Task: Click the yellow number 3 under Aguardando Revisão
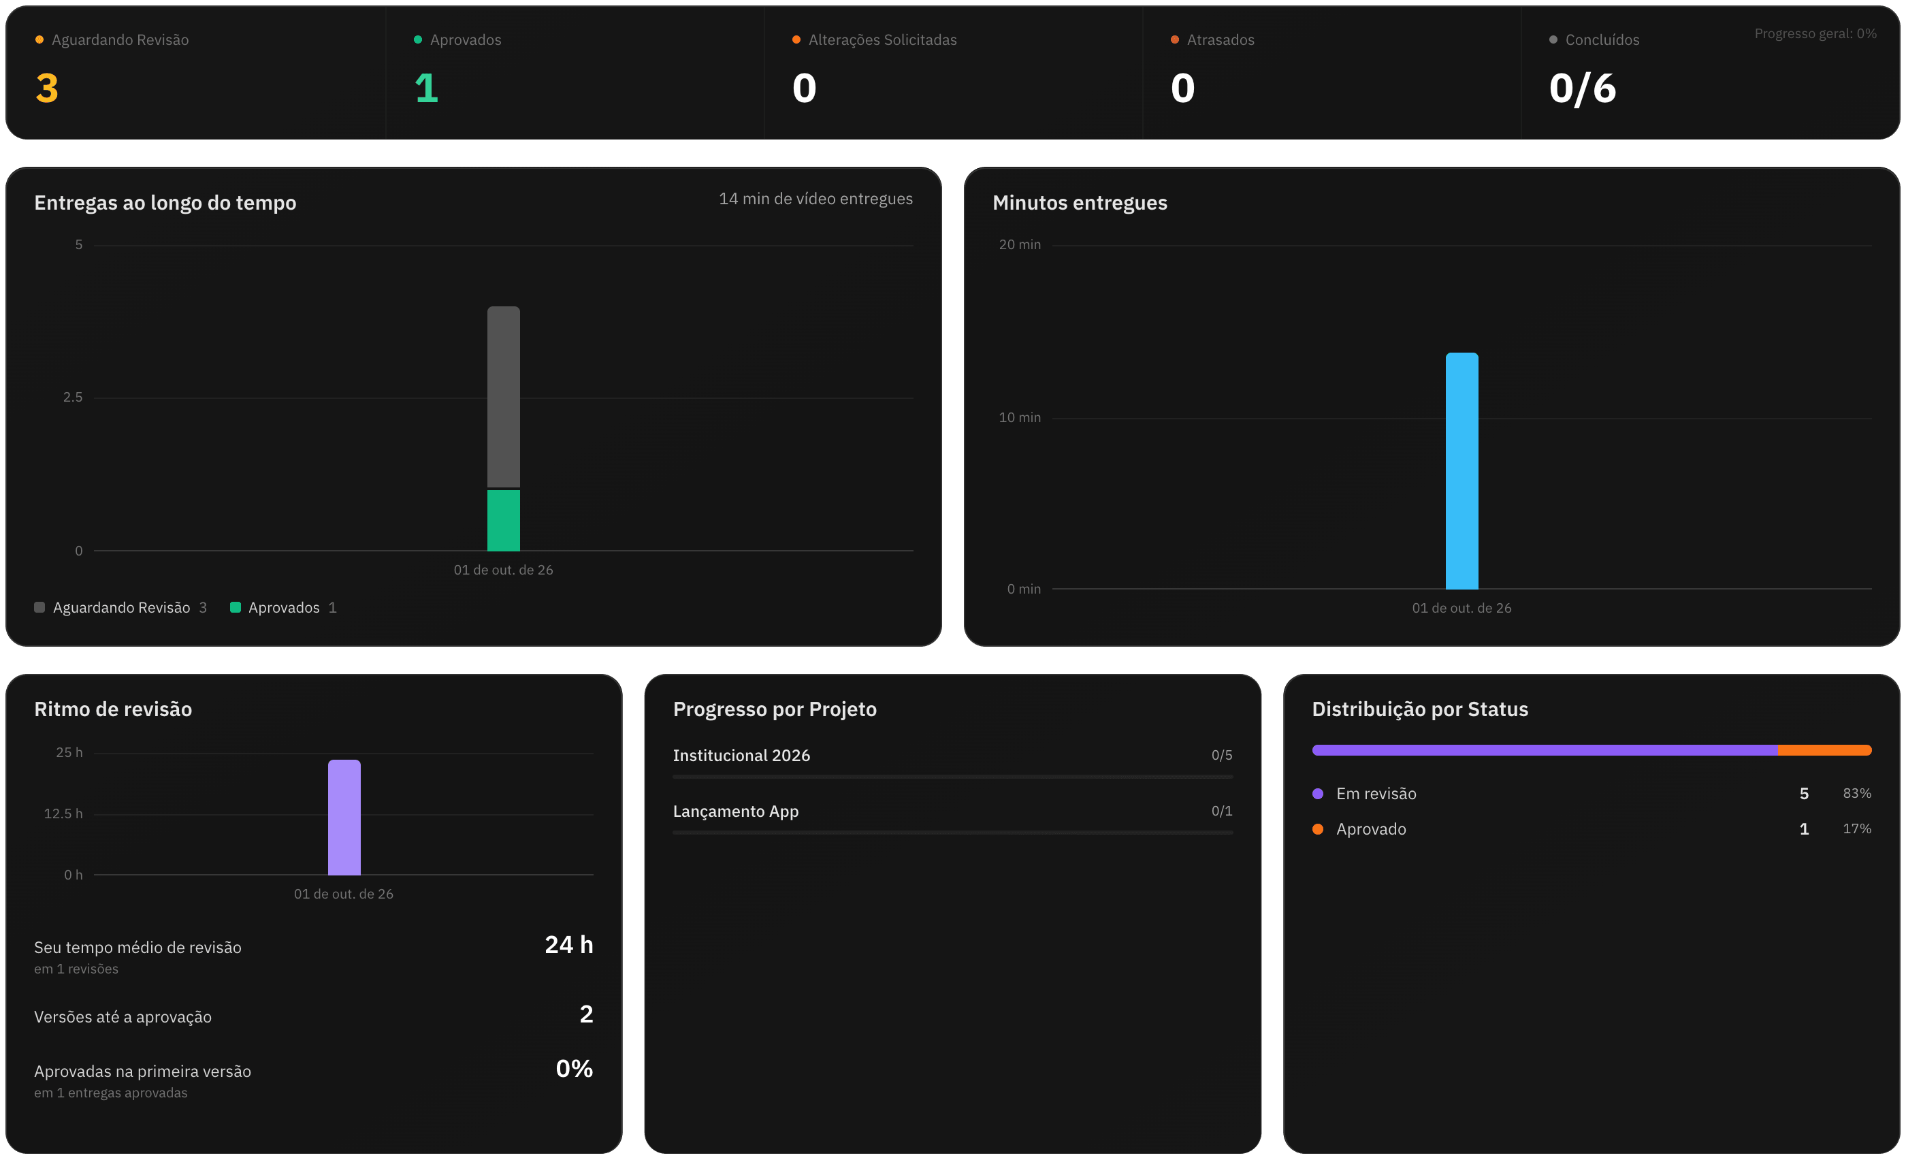(x=47, y=88)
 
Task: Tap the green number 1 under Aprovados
(x=426, y=88)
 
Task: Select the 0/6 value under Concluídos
(x=1583, y=88)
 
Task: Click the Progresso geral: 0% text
(x=1815, y=34)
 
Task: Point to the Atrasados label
(x=1221, y=40)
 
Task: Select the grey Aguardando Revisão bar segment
(x=504, y=398)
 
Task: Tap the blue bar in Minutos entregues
(x=1462, y=471)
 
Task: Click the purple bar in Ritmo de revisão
(x=344, y=818)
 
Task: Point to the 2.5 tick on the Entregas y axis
(x=73, y=398)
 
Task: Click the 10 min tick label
(x=1020, y=417)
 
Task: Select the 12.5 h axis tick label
(x=63, y=813)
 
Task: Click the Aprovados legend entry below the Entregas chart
(x=283, y=608)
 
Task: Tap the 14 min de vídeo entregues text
(x=815, y=199)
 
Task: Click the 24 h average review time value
(x=568, y=945)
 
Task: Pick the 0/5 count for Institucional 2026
(x=1222, y=756)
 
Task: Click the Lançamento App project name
(x=736, y=811)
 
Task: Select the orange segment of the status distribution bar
(x=1824, y=750)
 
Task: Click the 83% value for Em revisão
(x=1856, y=794)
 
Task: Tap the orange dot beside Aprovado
(x=1318, y=829)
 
